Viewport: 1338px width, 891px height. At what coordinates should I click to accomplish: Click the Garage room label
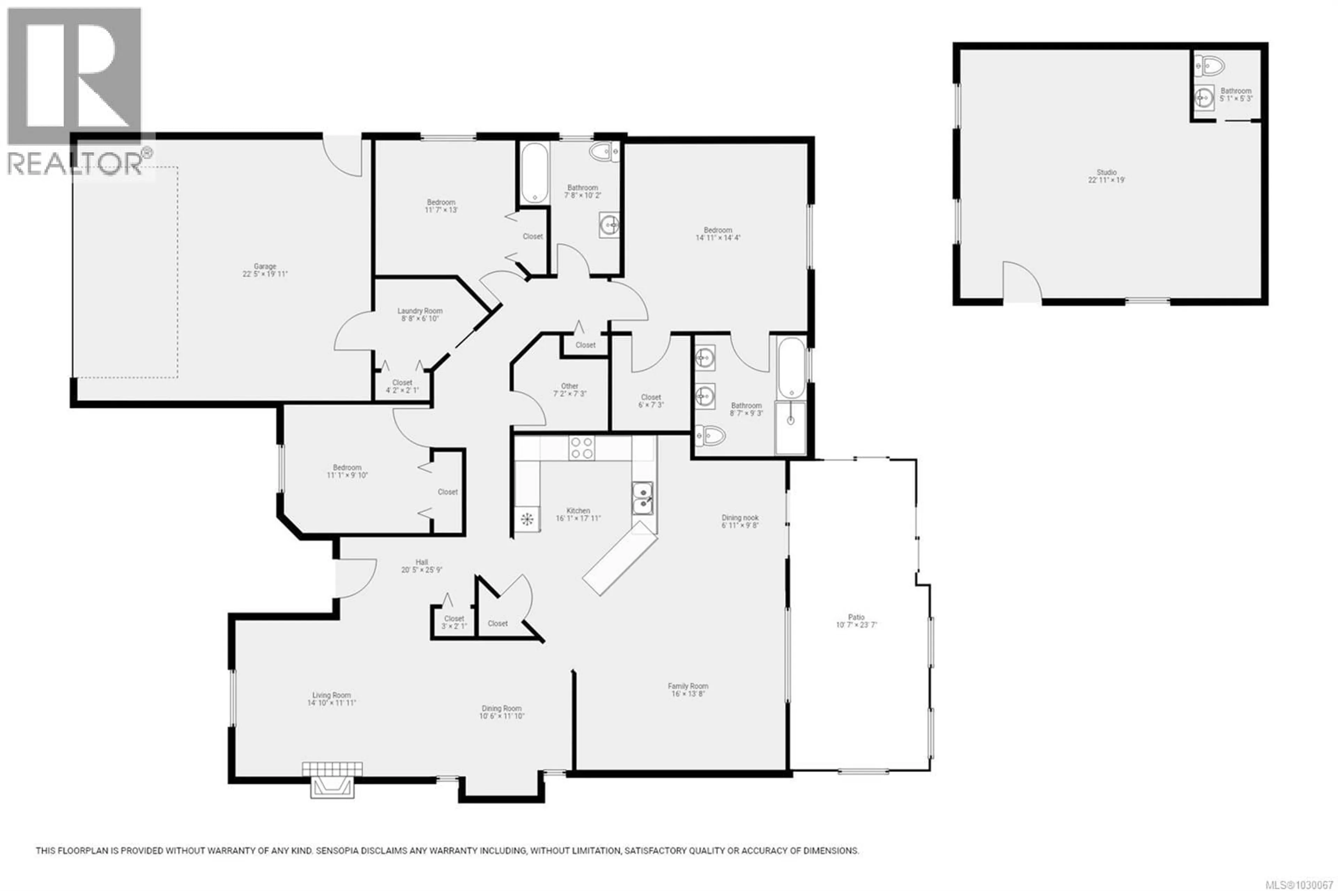coord(265,266)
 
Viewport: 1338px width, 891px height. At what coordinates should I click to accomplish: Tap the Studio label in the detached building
coord(1106,172)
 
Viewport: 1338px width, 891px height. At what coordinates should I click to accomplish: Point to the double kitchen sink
coord(643,498)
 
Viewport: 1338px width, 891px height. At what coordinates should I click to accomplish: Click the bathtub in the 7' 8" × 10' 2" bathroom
coord(534,172)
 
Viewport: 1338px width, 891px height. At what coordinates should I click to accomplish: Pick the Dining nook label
coord(740,518)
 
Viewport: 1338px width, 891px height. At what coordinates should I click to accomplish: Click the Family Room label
coord(688,686)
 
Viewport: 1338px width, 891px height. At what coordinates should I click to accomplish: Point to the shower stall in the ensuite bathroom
coord(790,427)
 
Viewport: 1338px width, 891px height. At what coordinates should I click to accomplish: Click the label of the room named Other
coord(570,386)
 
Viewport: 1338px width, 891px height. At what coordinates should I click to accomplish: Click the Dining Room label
coord(501,708)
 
